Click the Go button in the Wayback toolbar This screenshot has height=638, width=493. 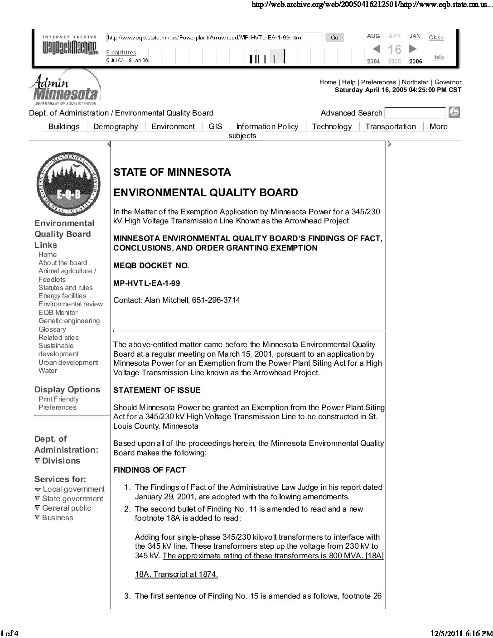click(334, 38)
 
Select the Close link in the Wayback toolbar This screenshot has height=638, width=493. click(436, 38)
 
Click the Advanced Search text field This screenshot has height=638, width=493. click(415, 113)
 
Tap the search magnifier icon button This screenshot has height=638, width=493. click(454, 112)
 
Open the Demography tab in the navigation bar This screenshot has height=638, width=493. click(116, 127)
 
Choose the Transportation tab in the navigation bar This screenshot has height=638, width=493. click(391, 127)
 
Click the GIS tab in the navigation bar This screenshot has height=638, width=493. click(215, 127)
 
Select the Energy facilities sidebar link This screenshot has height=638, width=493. click(62, 296)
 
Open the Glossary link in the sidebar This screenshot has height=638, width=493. click(52, 329)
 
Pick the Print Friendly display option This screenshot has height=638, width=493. click(58, 399)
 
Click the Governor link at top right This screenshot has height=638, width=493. click(448, 82)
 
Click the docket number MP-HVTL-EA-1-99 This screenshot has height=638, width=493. click(146, 283)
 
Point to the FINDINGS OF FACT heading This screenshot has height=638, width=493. click(150, 470)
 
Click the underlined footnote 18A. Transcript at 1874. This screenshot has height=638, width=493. click(176, 574)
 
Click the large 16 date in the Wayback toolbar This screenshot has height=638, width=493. click(394, 49)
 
